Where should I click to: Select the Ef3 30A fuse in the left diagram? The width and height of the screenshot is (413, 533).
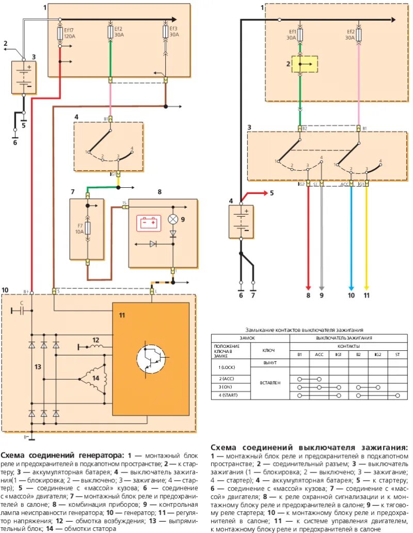coord(165,31)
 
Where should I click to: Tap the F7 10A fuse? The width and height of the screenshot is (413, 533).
coord(87,228)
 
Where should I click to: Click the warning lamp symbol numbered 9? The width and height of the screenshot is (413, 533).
coord(173,219)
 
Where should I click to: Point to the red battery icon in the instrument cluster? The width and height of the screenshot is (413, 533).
coord(149,223)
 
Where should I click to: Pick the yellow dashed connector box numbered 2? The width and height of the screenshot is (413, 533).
coord(304,64)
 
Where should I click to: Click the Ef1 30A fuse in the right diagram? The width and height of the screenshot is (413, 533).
coord(300,34)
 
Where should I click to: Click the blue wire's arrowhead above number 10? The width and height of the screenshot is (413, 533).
coord(352,289)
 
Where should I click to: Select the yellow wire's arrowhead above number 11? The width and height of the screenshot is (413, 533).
coord(367,289)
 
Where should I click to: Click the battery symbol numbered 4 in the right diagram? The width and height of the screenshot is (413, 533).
coord(241,221)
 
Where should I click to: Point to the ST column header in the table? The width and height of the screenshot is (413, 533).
coord(397,354)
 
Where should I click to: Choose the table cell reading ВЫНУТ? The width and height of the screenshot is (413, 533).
coord(270,363)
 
